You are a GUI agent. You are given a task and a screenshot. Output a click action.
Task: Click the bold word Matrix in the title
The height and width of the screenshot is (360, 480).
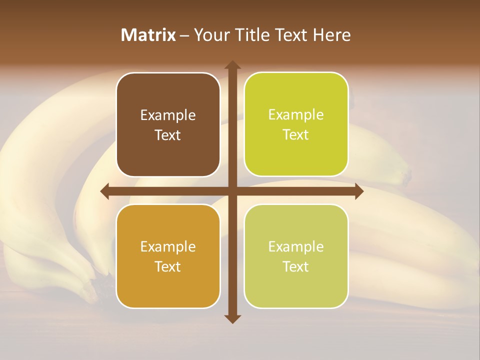click(x=148, y=35)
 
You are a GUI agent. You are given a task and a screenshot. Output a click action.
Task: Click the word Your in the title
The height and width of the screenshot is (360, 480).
click(x=210, y=35)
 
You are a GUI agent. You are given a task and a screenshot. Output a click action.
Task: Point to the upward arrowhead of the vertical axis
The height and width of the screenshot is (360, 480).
click(x=232, y=65)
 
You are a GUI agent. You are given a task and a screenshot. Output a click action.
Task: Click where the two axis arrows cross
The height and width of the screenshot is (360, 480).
click(x=232, y=191)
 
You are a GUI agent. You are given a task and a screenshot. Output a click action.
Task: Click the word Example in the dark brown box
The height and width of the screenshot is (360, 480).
click(x=168, y=115)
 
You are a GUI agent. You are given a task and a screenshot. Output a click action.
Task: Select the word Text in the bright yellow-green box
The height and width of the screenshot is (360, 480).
click(x=296, y=135)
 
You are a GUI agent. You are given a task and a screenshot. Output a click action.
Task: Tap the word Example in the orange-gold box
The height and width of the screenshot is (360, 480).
click(x=168, y=247)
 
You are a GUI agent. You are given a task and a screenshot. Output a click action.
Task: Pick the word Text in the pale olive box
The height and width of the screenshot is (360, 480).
click(x=296, y=266)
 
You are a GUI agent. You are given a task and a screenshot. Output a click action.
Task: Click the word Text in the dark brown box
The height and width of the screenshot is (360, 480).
click(x=168, y=135)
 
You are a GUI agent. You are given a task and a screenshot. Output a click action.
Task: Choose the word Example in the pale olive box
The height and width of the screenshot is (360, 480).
click(x=296, y=246)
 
